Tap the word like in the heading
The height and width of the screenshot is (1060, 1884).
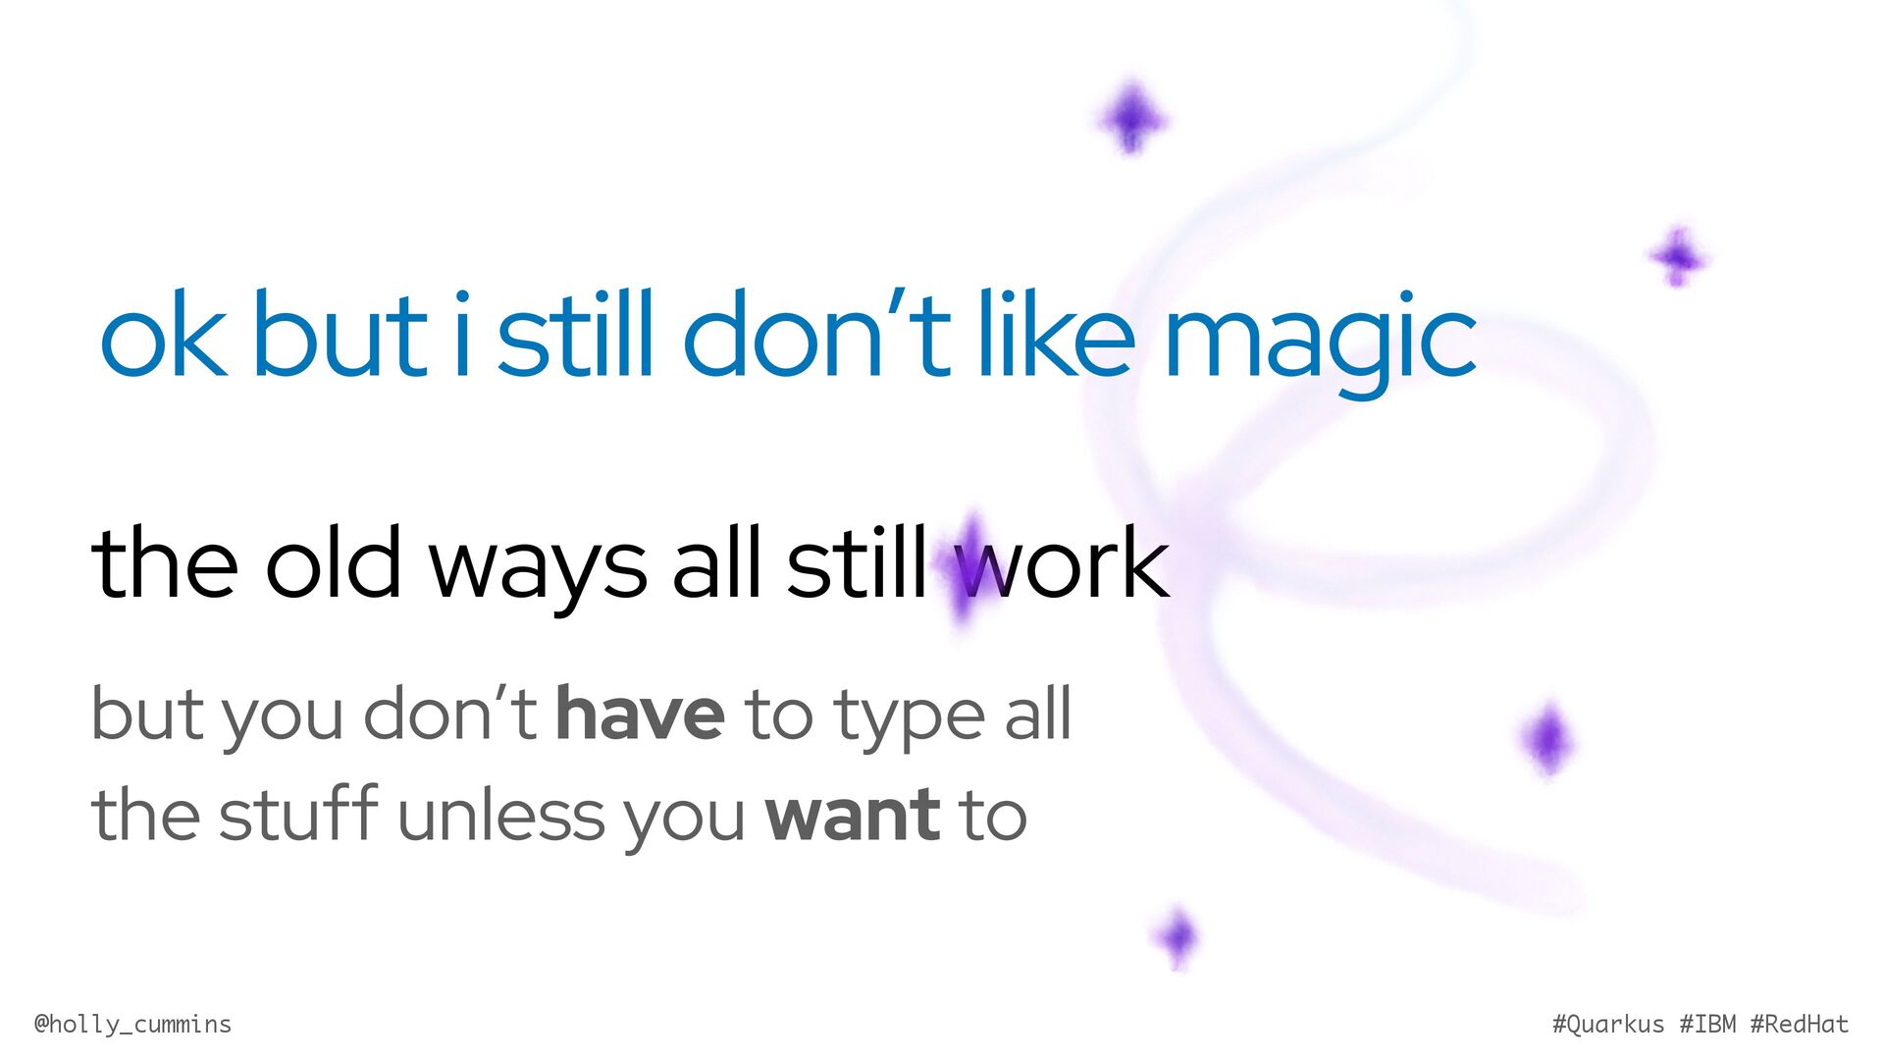(x=1057, y=333)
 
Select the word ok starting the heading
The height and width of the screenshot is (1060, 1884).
(x=163, y=333)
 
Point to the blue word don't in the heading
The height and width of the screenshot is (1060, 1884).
(x=817, y=333)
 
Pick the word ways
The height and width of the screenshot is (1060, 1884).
(x=538, y=569)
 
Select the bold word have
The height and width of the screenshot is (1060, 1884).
(x=640, y=714)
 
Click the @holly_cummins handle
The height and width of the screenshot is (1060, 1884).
(x=132, y=1025)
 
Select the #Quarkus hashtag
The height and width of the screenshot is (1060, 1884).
(x=1608, y=1025)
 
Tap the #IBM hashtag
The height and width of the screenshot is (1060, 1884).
(x=1707, y=1024)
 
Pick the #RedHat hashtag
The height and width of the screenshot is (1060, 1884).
(x=1800, y=1024)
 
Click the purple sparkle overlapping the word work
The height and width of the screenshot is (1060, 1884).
(x=968, y=569)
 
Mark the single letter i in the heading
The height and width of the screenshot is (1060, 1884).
(x=461, y=333)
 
